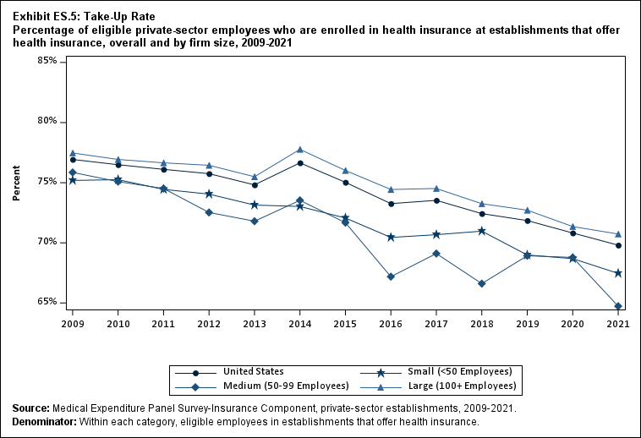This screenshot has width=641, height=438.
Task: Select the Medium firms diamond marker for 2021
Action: tap(618, 306)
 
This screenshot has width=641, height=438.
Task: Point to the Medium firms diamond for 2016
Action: tap(391, 276)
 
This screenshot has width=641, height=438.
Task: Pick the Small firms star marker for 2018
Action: tap(481, 231)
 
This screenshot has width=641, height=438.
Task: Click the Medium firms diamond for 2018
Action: tap(481, 283)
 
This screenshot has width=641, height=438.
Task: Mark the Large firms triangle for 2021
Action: tap(618, 234)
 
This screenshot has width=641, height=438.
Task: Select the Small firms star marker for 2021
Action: tap(618, 273)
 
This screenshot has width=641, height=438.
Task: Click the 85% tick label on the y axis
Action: tap(47, 62)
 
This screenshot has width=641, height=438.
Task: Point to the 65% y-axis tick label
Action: tap(47, 302)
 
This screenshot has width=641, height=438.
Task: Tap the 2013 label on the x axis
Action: tap(255, 324)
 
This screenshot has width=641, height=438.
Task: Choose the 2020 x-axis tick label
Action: tap(573, 324)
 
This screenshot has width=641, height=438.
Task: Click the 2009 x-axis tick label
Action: tap(73, 324)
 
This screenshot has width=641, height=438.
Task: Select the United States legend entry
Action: tap(252, 371)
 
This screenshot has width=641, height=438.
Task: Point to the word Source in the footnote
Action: tap(30, 408)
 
